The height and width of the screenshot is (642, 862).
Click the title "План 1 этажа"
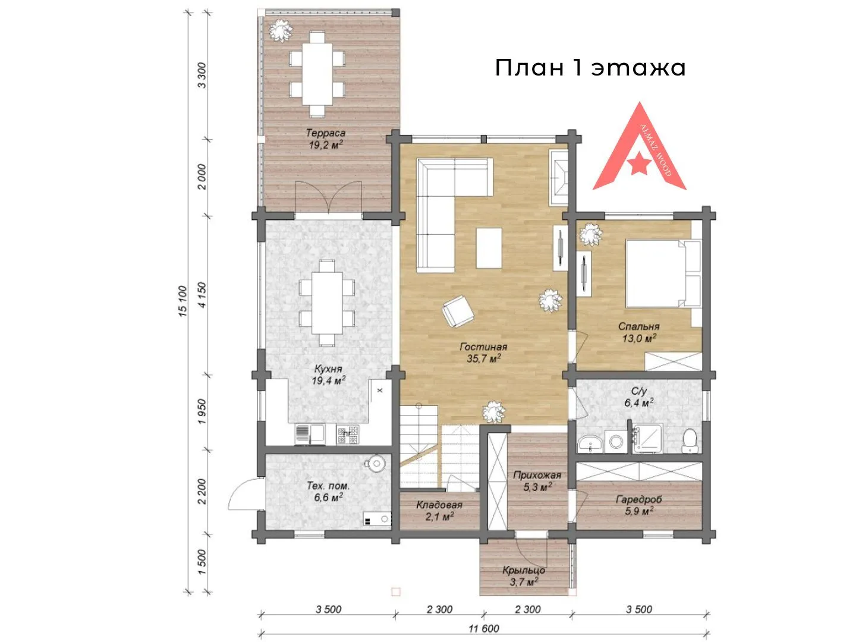(x=590, y=68)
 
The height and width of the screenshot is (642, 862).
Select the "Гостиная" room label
(x=483, y=347)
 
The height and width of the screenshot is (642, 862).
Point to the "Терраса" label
(x=326, y=133)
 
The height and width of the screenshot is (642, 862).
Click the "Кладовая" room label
(x=439, y=505)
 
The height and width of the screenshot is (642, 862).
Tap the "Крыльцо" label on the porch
(x=524, y=570)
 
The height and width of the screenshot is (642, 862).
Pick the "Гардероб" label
(x=638, y=499)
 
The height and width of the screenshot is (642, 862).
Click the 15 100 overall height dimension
(x=183, y=301)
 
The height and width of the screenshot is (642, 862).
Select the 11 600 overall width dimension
(x=483, y=628)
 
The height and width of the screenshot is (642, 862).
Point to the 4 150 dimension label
(x=202, y=295)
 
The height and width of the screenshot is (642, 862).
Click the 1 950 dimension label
(x=202, y=412)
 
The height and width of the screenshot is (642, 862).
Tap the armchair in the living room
(x=458, y=311)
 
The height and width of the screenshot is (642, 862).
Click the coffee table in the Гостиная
(x=489, y=248)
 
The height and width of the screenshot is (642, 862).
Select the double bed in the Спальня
(x=663, y=273)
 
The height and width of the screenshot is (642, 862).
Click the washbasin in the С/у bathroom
(x=590, y=444)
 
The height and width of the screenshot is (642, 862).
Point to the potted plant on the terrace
(x=281, y=30)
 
